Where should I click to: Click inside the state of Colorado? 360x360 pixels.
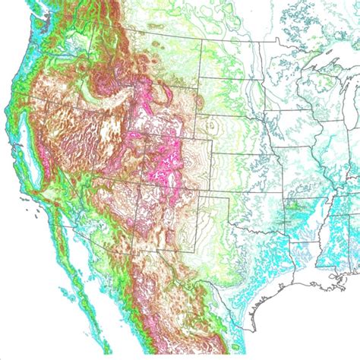click(171, 167)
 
